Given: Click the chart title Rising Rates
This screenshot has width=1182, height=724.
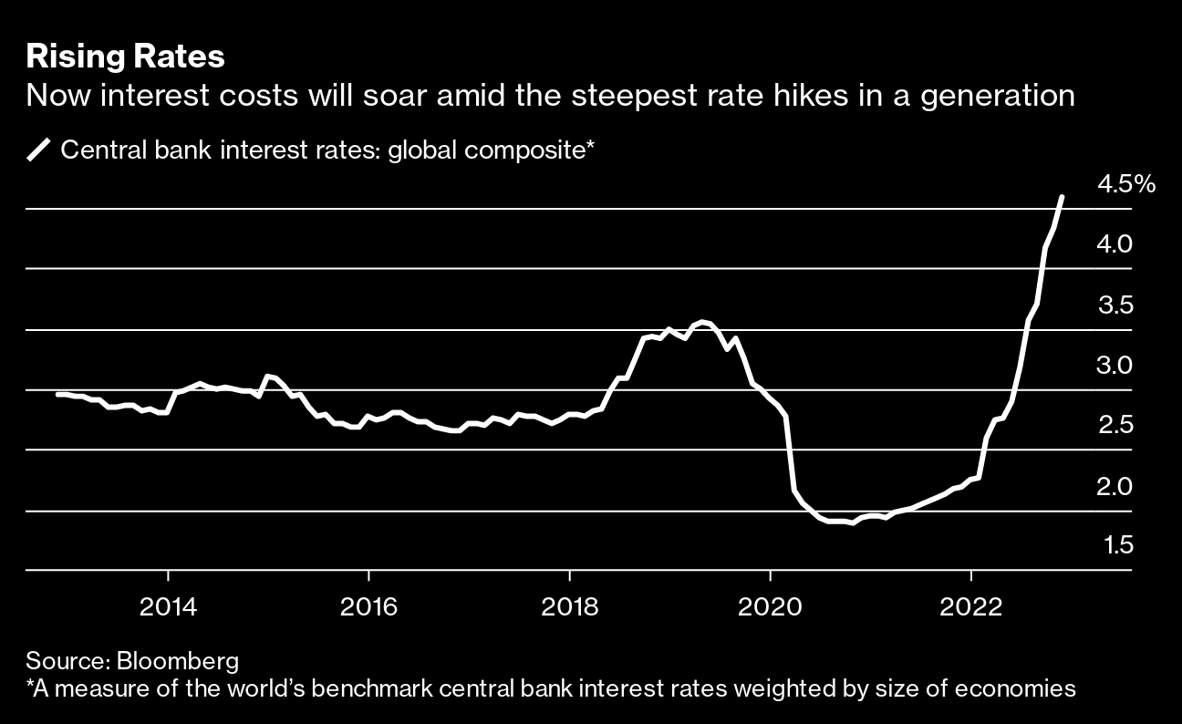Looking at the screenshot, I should click(126, 57).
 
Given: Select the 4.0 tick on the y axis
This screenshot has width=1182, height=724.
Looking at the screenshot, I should click(1115, 244).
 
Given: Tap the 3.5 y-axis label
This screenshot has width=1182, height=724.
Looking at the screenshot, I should click(1115, 305).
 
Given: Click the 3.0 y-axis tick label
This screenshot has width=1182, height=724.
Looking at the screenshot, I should click(1115, 366).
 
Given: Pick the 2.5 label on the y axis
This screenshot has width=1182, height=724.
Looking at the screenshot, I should click(1115, 426).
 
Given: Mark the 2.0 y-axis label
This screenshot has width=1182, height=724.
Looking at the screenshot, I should click(1115, 486).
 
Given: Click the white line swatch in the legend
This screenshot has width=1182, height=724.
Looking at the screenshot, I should click(40, 149).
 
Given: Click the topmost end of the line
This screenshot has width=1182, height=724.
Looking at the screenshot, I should click(1062, 196).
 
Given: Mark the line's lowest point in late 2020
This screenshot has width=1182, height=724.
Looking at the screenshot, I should click(853, 523).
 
